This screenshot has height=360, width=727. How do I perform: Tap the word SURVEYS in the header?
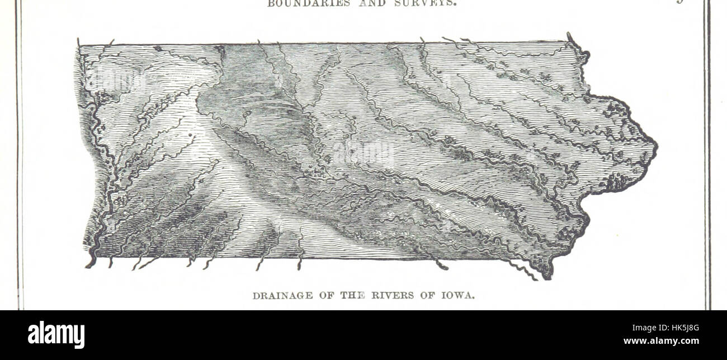(431, 3)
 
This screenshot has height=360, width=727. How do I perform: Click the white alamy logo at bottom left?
(56, 335)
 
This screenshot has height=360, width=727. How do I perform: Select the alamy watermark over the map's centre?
(363, 152)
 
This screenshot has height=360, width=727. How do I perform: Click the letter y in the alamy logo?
(79, 337)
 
